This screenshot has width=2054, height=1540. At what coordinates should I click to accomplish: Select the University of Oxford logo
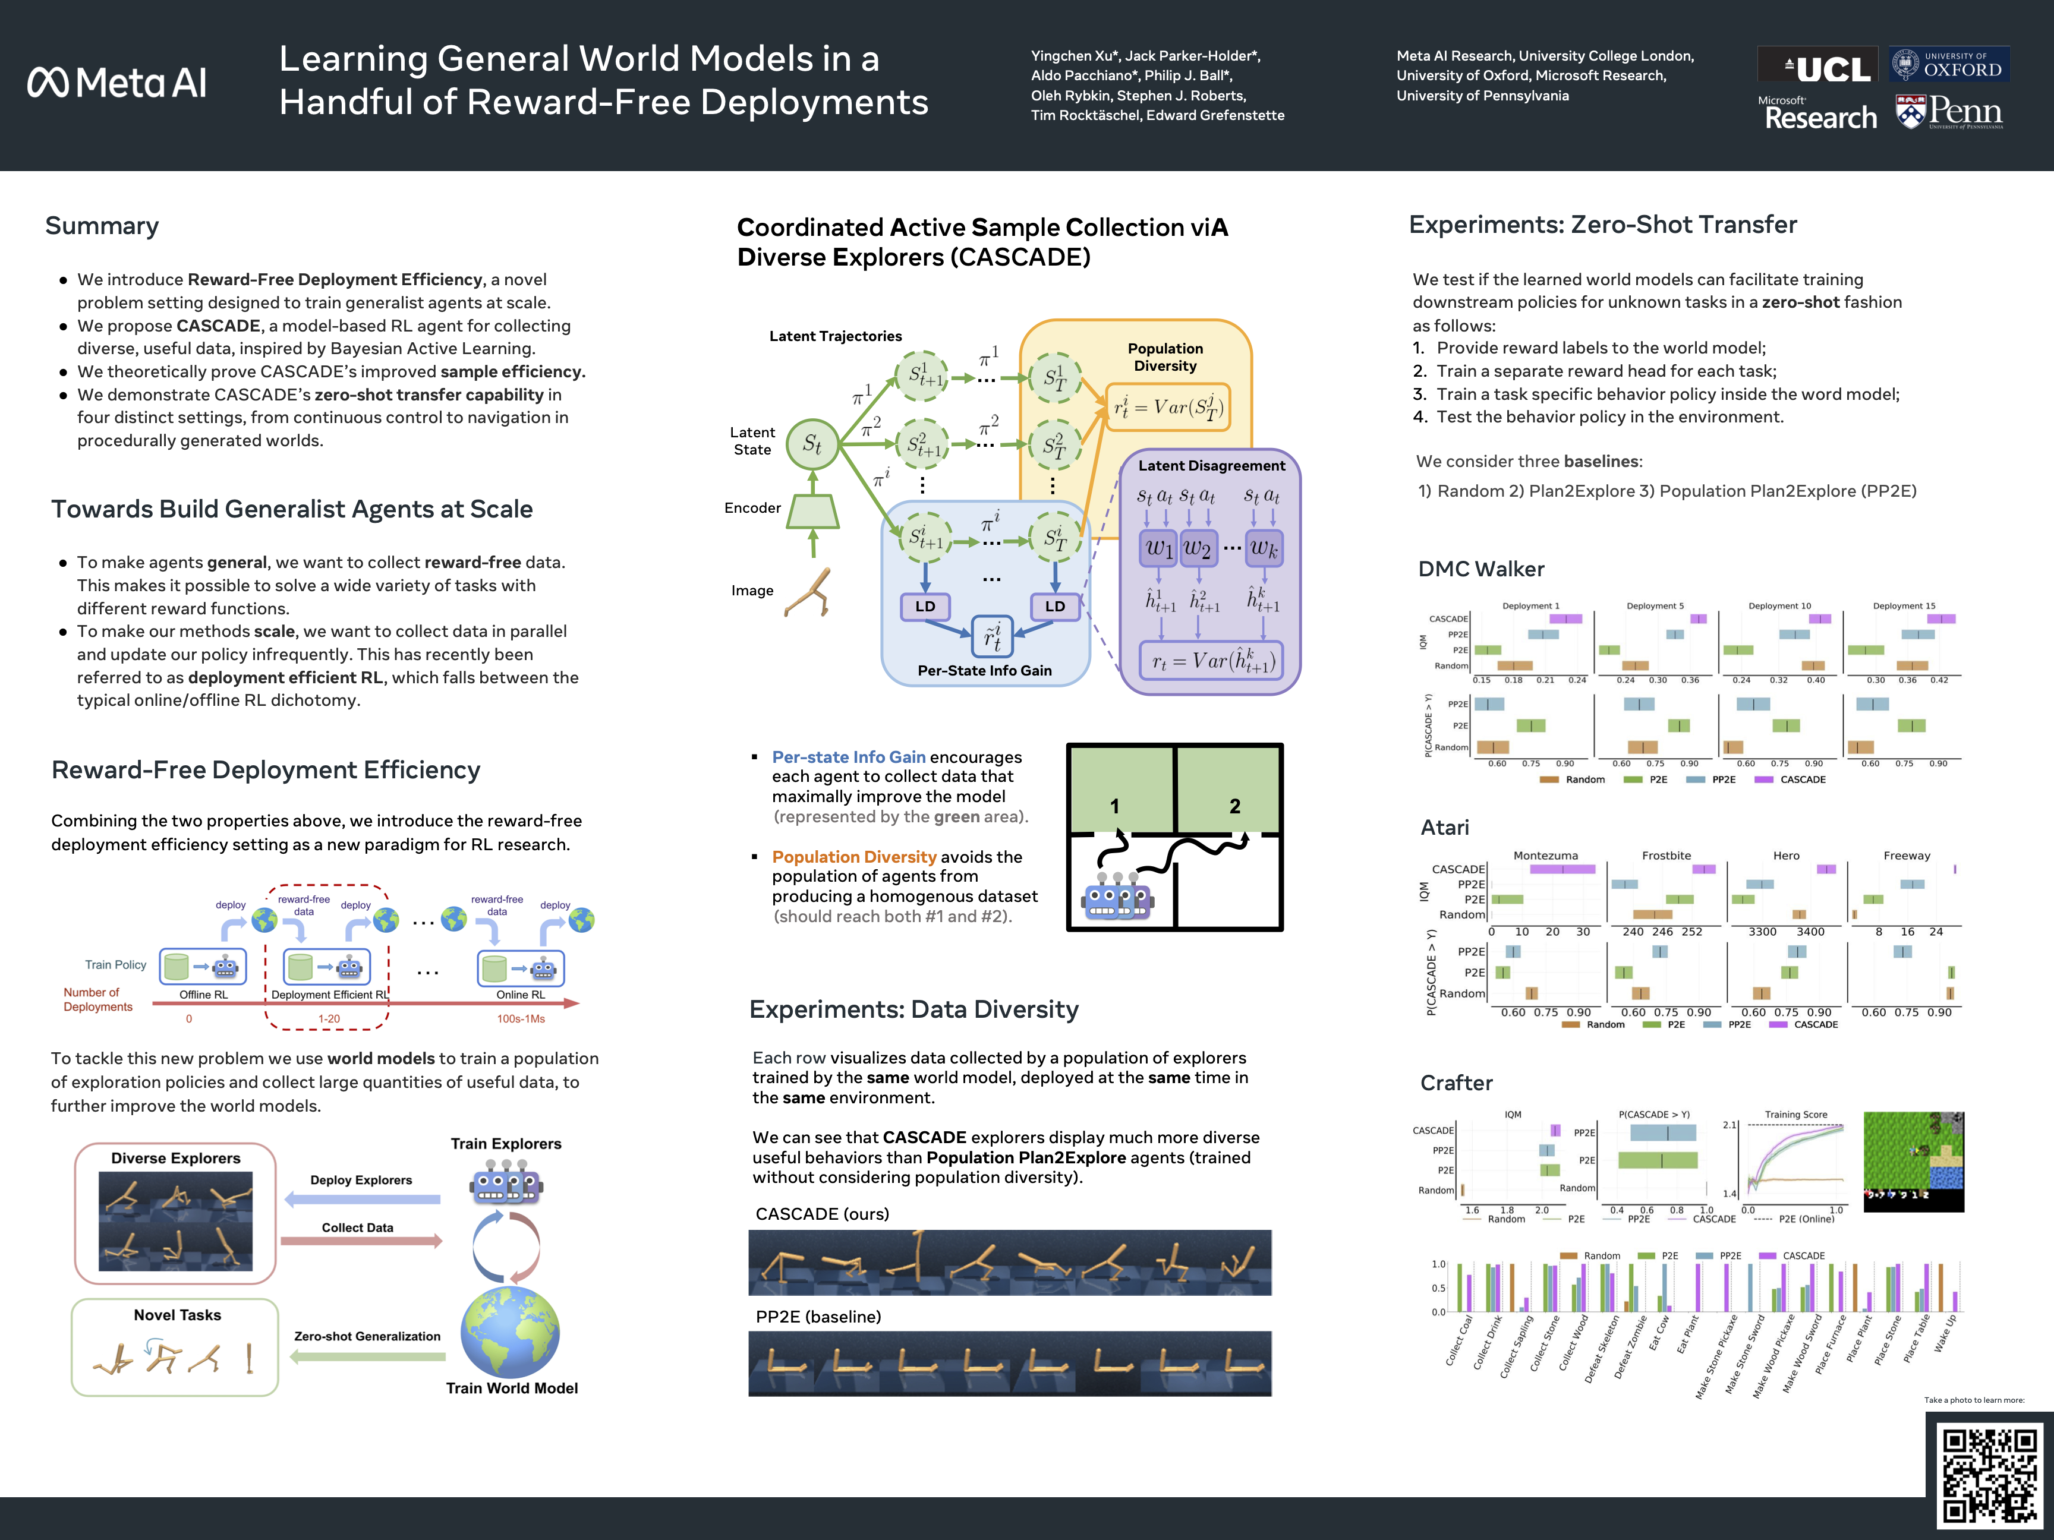pyautogui.click(x=1948, y=64)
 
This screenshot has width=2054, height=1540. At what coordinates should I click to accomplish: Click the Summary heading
pyautogui.click(x=102, y=226)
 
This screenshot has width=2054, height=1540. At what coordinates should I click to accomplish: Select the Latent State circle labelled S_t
pyautogui.click(x=812, y=444)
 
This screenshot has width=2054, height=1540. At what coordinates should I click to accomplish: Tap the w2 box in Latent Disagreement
pyautogui.click(x=1197, y=548)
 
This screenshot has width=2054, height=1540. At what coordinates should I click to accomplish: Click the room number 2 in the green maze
pyautogui.click(x=1234, y=806)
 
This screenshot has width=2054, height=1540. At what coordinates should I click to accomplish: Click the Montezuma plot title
pyautogui.click(x=1545, y=855)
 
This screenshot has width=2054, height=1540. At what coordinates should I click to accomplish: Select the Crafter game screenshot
pyautogui.click(x=1914, y=1162)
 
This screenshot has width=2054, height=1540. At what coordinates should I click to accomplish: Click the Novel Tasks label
pyautogui.click(x=177, y=1314)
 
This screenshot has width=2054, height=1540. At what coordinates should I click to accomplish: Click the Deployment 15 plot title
pyautogui.click(x=1904, y=606)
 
